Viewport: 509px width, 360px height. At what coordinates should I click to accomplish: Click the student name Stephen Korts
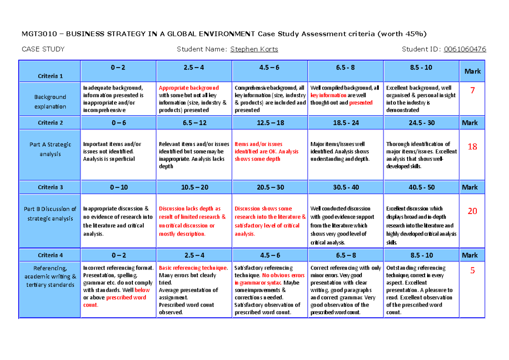point(254,49)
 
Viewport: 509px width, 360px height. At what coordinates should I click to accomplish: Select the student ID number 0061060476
point(465,49)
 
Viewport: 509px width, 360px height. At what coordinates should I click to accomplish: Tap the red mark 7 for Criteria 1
point(472,90)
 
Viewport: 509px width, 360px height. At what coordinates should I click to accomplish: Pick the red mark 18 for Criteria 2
point(472,147)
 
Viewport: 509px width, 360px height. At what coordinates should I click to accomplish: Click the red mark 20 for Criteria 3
point(472,211)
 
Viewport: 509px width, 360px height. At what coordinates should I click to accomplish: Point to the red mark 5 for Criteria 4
point(472,270)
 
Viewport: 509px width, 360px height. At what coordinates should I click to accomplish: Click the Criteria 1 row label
point(50,76)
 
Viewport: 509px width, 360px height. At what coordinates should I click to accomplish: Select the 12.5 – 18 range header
point(270,123)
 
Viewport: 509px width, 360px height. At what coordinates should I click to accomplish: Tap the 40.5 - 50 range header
point(421,187)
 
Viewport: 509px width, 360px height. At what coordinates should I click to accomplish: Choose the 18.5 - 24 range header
point(345,123)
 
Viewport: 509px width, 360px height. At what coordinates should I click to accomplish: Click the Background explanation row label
point(50,102)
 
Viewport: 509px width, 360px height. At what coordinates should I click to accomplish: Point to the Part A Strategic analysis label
point(50,149)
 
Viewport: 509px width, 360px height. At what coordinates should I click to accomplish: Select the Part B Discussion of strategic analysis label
point(50,214)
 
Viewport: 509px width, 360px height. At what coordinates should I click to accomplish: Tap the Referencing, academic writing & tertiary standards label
point(50,276)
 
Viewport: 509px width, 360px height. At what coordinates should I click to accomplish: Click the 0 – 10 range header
point(118,187)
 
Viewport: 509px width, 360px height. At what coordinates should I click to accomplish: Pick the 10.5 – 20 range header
point(194,187)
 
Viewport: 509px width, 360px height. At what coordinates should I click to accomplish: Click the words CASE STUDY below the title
point(43,49)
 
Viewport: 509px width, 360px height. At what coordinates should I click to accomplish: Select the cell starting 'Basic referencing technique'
point(194,290)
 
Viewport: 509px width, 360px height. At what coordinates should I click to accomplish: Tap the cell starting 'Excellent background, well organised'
point(421,98)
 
